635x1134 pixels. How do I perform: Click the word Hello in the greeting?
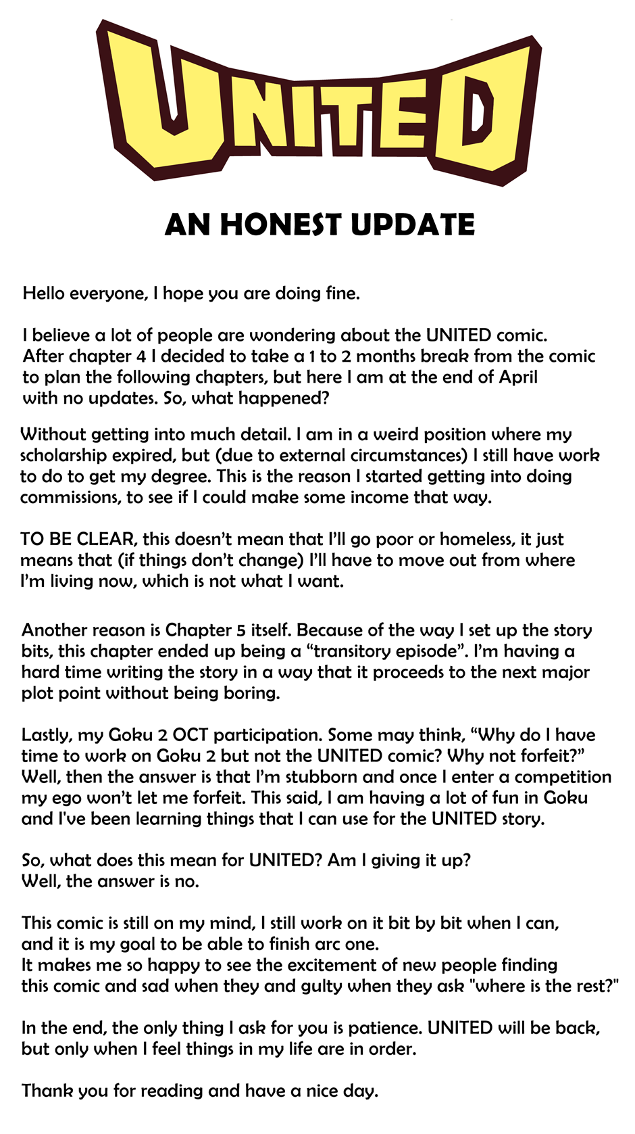tap(44, 293)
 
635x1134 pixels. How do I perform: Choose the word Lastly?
tap(47, 735)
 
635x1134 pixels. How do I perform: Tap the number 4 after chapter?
tap(141, 356)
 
